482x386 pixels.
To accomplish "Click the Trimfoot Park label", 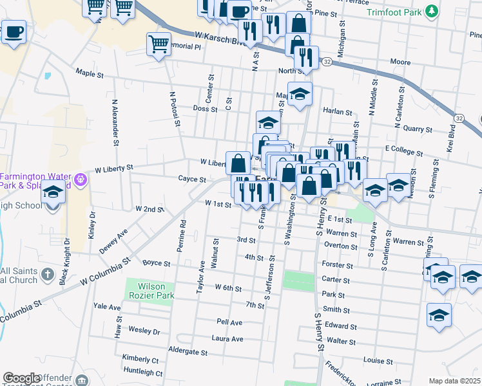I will click(x=394, y=12).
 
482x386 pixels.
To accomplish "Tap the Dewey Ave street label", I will click(x=113, y=238).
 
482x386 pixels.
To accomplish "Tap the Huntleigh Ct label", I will click(x=142, y=371).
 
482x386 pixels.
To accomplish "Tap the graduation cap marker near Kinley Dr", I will click(x=53, y=193).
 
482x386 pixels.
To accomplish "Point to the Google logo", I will click(x=21, y=378).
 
